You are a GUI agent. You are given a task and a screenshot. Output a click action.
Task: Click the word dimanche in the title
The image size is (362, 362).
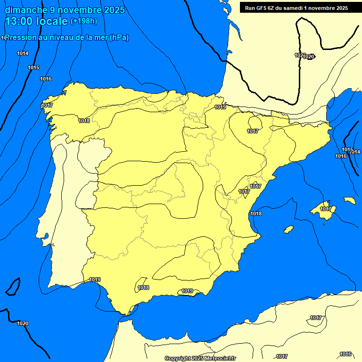click(26, 10)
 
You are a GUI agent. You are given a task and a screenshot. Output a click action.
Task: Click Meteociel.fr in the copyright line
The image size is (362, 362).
click(218, 358)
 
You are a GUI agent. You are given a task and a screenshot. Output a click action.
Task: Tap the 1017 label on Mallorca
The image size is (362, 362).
click(325, 209)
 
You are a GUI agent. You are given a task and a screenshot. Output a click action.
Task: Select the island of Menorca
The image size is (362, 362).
click(349, 200)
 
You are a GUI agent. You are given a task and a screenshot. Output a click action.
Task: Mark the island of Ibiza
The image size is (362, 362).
click(288, 230)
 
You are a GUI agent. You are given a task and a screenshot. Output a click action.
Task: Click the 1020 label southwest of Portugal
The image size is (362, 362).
click(23, 323)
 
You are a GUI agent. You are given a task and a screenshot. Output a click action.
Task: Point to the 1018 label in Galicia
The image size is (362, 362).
click(84, 121)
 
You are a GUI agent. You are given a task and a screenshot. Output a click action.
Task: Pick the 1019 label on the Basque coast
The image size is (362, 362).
click(220, 107)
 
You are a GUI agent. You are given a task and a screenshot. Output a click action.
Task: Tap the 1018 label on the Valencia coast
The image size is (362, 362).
click(256, 214)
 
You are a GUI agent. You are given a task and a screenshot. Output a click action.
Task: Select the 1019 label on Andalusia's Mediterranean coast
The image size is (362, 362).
click(187, 291)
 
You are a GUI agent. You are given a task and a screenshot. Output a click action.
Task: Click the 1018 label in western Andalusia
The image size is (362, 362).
click(143, 288)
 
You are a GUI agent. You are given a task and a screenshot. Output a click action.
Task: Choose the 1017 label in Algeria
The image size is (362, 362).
click(316, 318)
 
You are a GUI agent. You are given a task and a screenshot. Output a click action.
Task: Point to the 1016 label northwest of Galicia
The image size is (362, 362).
click(46, 79)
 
